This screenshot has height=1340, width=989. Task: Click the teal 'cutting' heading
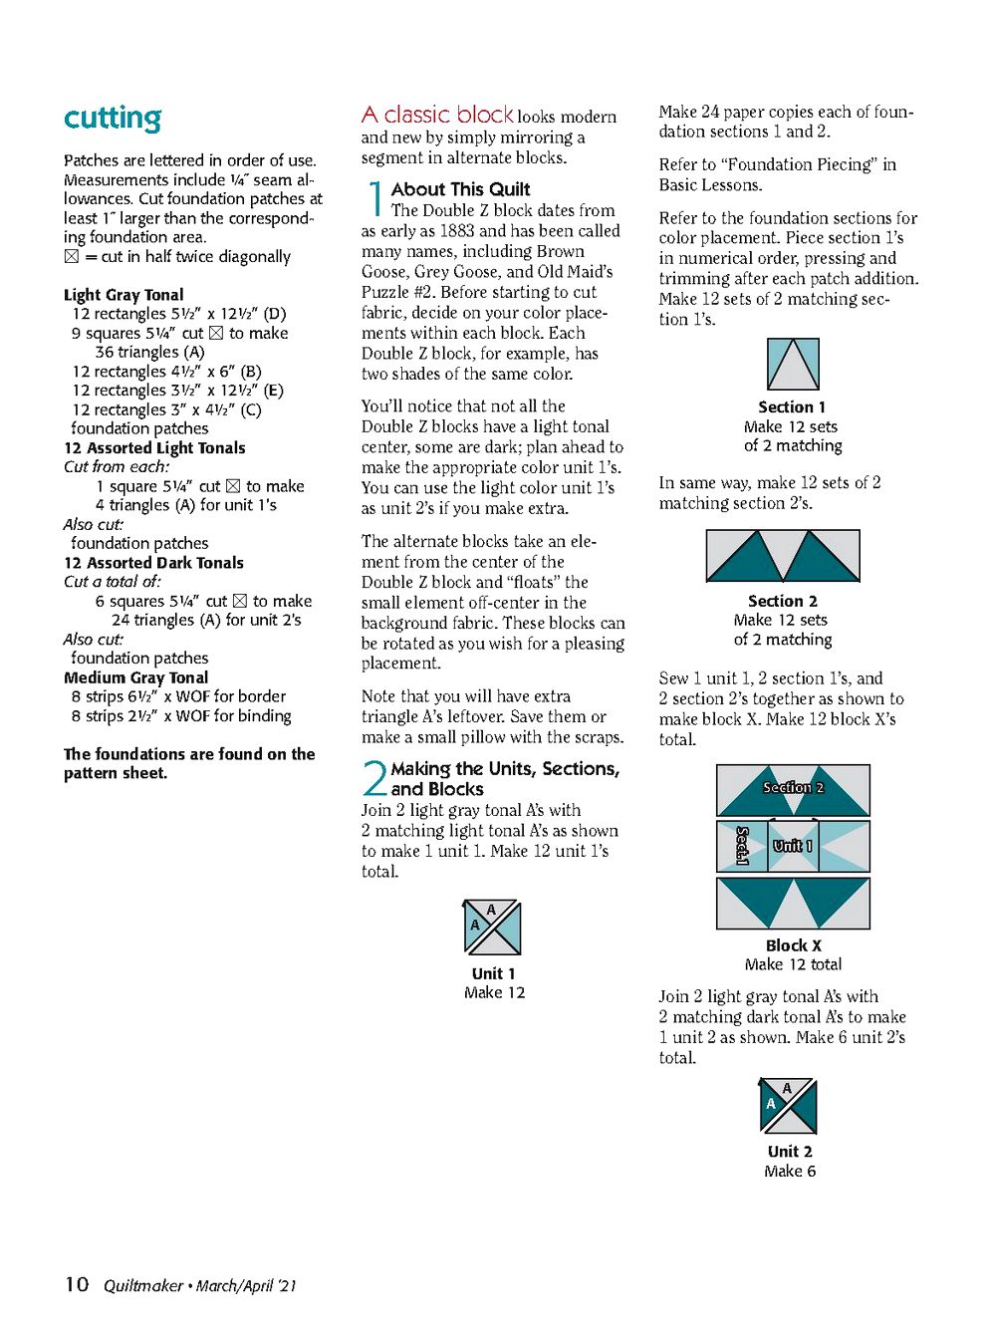point(113,119)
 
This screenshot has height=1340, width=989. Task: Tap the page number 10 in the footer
point(77,1284)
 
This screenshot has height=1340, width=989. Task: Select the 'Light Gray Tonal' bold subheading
point(124,295)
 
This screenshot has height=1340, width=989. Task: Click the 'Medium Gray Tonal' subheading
point(136,677)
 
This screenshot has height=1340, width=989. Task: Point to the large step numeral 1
point(374,198)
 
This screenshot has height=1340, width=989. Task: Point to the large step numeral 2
point(374,778)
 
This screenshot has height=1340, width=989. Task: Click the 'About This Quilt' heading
point(460,189)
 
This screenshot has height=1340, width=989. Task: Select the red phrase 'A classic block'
point(437,115)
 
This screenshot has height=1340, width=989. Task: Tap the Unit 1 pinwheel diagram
point(493,928)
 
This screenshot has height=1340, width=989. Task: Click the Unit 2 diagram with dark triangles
point(789,1106)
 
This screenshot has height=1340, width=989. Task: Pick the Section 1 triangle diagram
point(793,364)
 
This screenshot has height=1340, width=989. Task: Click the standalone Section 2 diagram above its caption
point(783,555)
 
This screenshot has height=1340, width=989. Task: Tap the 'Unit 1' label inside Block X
point(793,846)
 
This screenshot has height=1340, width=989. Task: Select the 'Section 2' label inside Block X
point(793,787)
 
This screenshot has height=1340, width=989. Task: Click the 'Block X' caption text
point(793,945)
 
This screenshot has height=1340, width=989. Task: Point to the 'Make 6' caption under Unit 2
point(790,1172)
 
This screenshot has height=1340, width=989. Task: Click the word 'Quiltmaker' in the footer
point(143,1286)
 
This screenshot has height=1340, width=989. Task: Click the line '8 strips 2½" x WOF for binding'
point(181,716)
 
